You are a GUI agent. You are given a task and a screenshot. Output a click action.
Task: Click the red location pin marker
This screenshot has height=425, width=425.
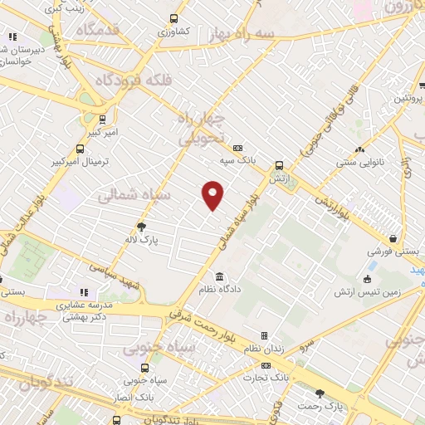[213, 194]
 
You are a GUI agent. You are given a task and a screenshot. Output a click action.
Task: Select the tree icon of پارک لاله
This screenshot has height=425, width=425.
[141, 226]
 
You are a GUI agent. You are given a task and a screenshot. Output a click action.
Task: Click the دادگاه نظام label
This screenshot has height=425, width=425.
[219, 290]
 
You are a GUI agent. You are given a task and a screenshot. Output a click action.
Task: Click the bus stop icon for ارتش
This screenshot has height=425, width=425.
[279, 165]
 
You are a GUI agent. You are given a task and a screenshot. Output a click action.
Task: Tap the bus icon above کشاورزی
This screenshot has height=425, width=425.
[173, 18]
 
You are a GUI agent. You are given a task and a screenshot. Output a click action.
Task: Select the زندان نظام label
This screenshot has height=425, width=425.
[287, 349]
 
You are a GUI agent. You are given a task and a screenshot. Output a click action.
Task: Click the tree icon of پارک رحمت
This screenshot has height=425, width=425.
[320, 394]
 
